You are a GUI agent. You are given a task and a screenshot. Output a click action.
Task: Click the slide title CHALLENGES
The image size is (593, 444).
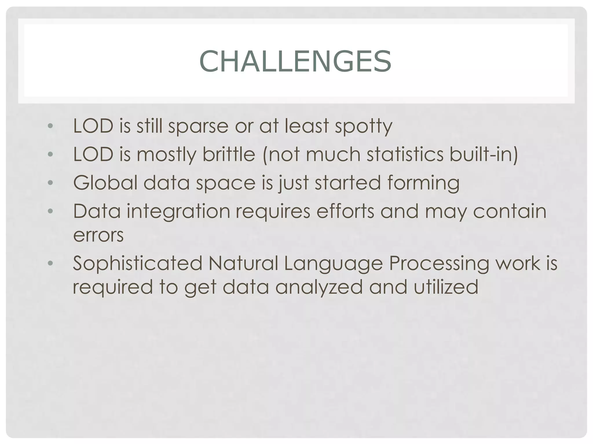(x=295, y=61)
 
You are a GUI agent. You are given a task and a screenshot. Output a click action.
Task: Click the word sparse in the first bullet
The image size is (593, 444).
(x=198, y=126)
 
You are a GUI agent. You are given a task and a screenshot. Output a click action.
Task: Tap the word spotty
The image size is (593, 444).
(x=363, y=126)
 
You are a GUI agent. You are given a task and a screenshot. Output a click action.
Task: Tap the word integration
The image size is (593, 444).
(x=178, y=211)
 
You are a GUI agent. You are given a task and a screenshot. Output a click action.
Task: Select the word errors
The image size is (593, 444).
(x=98, y=235)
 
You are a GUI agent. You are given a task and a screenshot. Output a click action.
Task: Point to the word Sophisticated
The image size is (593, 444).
(x=138, y=263)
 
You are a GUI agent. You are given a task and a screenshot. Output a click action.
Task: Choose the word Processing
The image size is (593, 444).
(x=439, y=263)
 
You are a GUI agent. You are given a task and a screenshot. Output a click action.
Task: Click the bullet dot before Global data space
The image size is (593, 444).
(x=50, y=183)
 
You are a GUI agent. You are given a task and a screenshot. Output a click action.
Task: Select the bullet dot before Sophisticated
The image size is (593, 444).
(x=50, y=263)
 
